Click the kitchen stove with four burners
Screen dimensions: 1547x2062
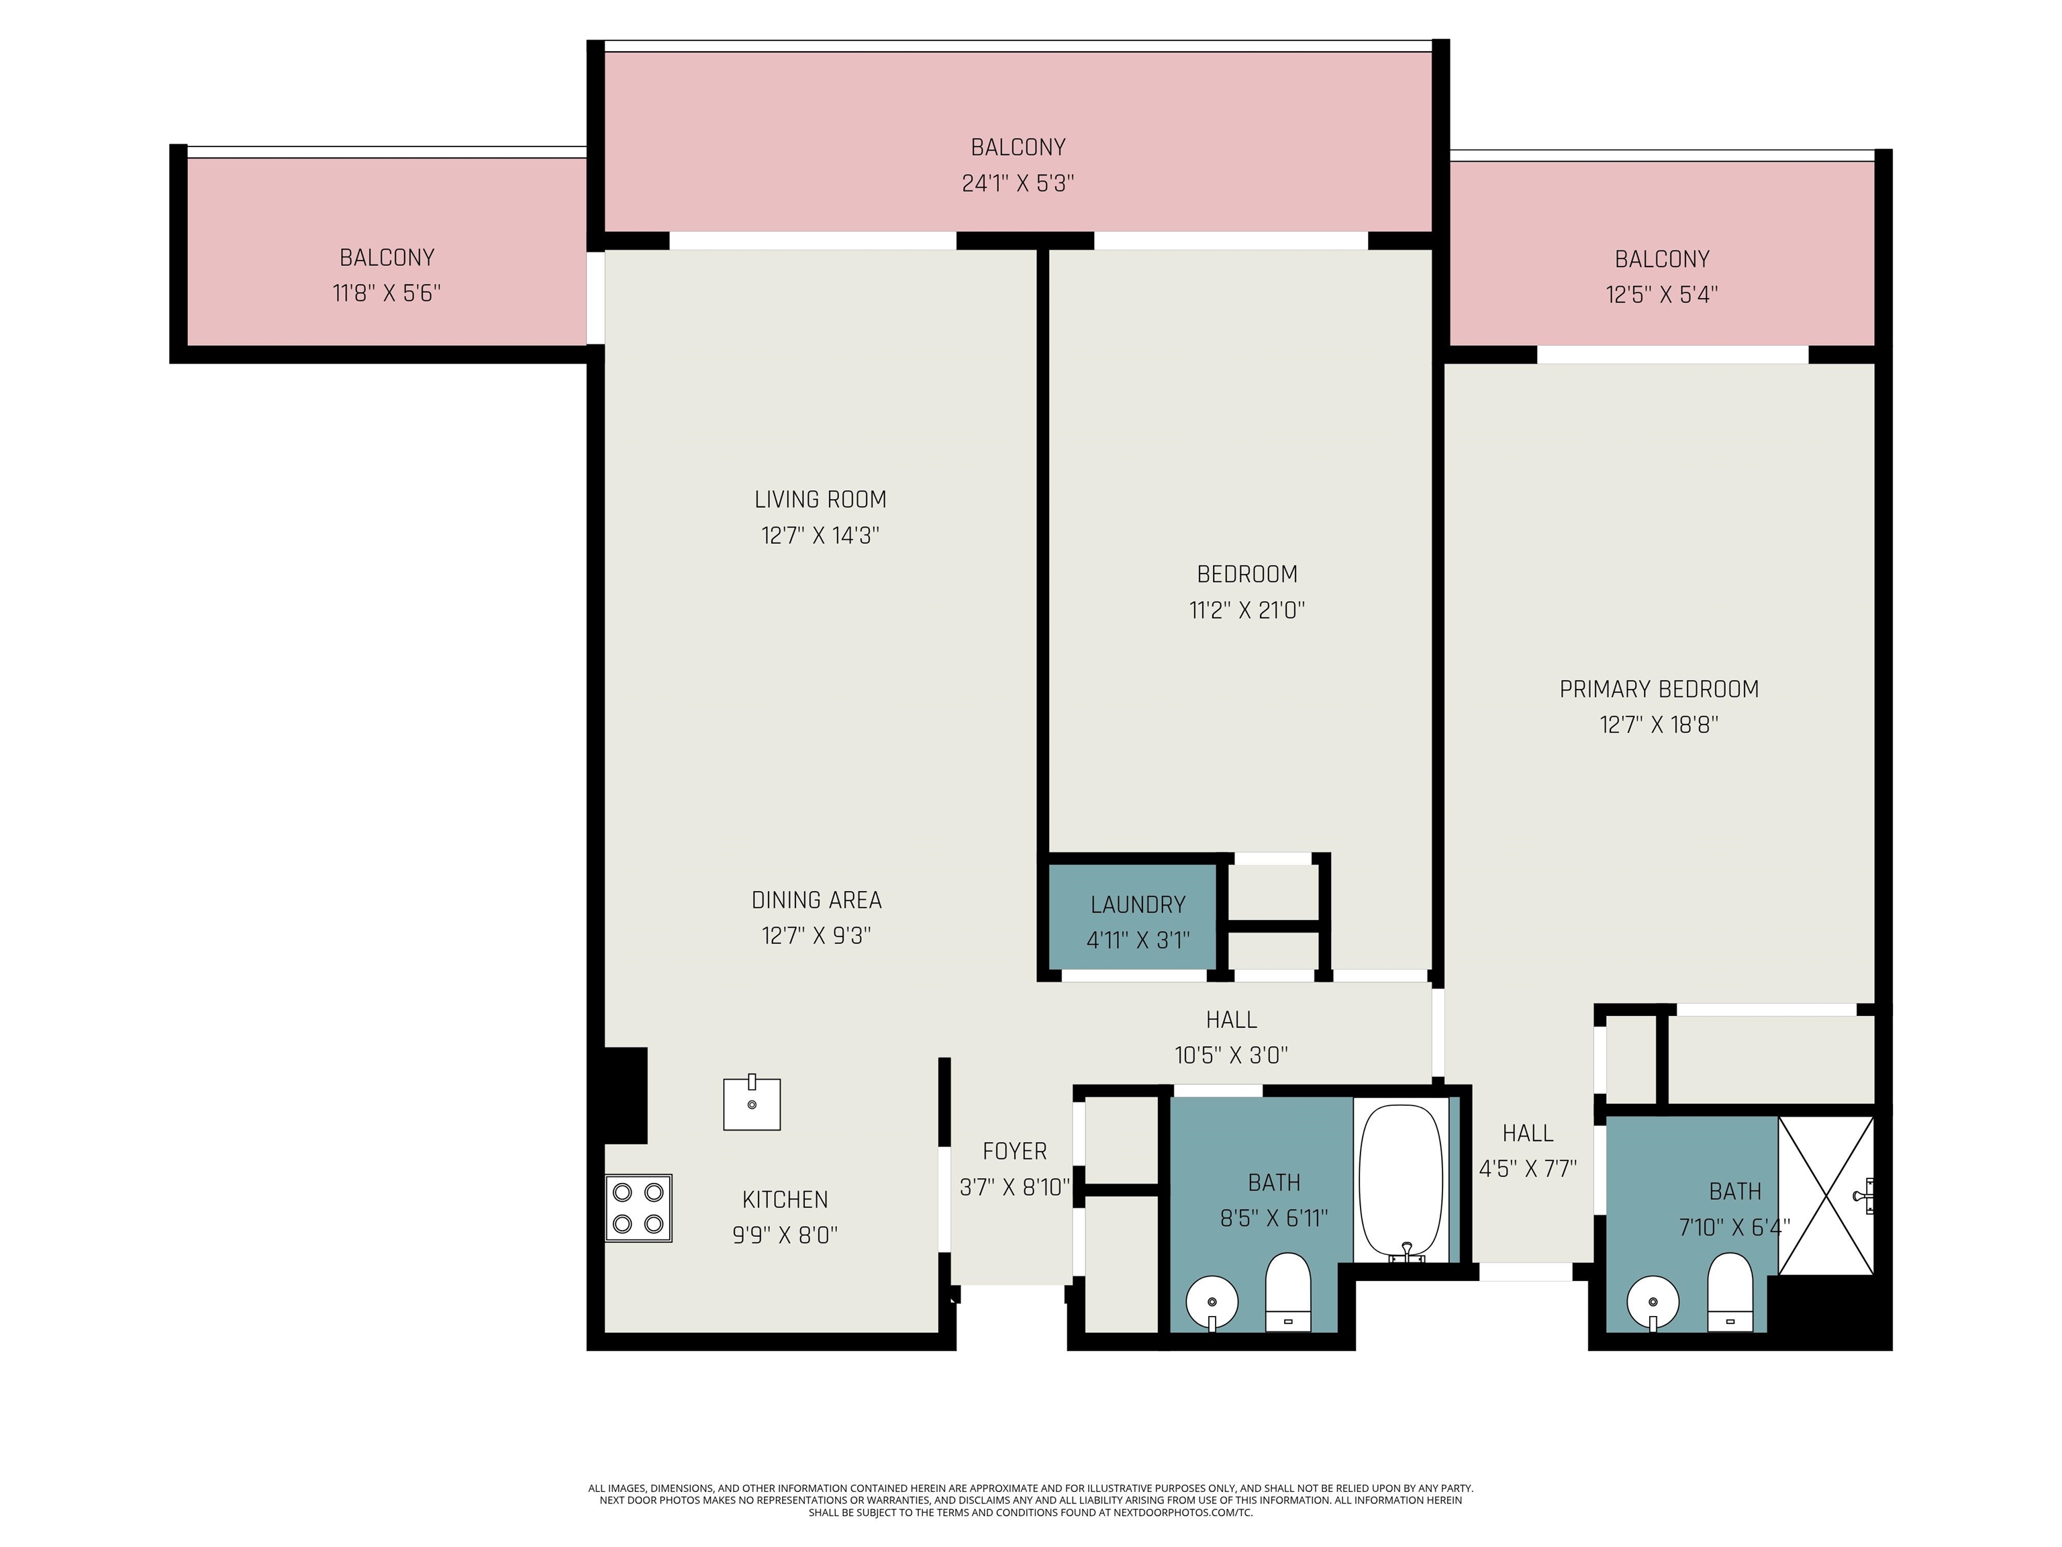click(638, 1207)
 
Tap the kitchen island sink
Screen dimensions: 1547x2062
click(751, 1104)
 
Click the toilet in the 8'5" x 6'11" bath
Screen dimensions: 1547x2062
click(1287, 1291)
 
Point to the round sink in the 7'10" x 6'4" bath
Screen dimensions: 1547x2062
click(1653, 1301)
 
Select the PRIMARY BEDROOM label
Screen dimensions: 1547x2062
click(1659, 689)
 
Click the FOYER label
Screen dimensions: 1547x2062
click(1014, 1152)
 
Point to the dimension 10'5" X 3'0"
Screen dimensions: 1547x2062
click(1230, 1055)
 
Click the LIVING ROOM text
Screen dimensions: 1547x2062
click(820, 500)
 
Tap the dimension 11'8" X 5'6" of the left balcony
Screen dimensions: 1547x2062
click(386, 293)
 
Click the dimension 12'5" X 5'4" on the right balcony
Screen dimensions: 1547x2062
click(1661, 295)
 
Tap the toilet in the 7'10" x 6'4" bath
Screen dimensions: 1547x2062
click(1730, 1291)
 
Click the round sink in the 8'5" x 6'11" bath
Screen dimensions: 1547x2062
click(1211, 1302)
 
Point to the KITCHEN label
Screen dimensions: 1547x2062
click(784, 1199)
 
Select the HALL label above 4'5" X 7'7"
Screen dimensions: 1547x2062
click(1527, 1133)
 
